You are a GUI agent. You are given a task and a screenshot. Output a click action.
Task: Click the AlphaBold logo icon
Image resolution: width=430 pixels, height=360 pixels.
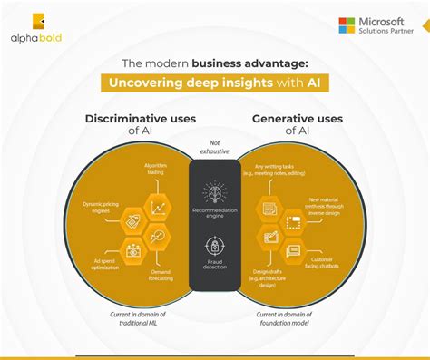39,23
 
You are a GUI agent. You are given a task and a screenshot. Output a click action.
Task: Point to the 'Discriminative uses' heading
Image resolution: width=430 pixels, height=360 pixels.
134,119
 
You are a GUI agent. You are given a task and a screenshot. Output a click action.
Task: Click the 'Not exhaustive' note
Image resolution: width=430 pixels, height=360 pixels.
215,147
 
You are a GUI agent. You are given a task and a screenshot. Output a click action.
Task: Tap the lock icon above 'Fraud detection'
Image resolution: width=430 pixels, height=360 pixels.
215,245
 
